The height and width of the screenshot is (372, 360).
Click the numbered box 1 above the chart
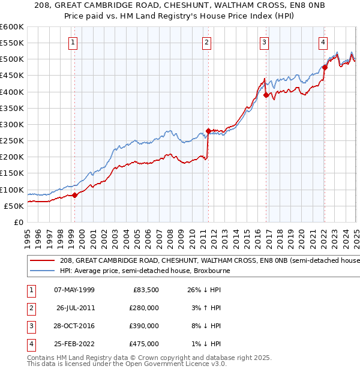click(73, 42)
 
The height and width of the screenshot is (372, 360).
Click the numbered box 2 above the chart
click(206, 42)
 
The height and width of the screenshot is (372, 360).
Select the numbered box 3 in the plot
click(264, 42)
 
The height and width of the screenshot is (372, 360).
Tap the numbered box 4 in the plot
click(323, 42)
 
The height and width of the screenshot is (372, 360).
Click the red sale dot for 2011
click(208, 131)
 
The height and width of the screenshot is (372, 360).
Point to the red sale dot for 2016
click(266, 95)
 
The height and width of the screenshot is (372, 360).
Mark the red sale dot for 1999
click(75, 195)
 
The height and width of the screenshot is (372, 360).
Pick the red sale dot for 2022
click(325, 67)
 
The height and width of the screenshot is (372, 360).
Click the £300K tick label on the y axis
click(12, 124)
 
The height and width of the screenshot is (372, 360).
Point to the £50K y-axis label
click(14, 206)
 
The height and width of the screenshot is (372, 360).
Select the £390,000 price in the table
click(144, 326)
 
